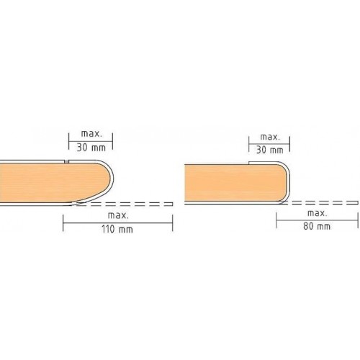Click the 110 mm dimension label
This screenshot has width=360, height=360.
pyautogui.click(x=117, y=229)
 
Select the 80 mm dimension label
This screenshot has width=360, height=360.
pyautogui.click(x=317, y=226)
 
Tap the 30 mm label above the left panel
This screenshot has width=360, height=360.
pyautogui.click(x=91, y=148)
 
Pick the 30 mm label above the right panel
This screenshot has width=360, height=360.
pyautogui.click(x=270, y=150)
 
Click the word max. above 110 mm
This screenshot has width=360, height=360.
pyautogui.click(x=118, y=215)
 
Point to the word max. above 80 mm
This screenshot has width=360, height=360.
pyautogui.click(x=317, y=213)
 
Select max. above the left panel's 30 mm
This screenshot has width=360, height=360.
pyautogui.click(x=91, y=134)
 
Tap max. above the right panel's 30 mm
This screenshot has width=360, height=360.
pyautogui.click(x=270, y=137)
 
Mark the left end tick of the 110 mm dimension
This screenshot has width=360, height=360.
pyautogui.click(x=63, y=223)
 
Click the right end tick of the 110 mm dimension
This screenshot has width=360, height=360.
pyautogui.click(x=173, y=223)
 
